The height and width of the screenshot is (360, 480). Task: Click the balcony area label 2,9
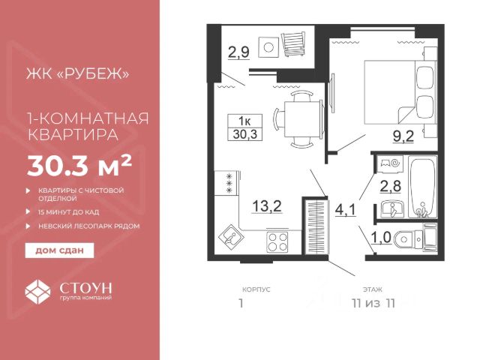tap(238, 52)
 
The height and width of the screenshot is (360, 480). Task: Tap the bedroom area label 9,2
tap(403, 136)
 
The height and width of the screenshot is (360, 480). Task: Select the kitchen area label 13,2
tap(267, 206)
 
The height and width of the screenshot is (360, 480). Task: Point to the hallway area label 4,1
tap(346, 210)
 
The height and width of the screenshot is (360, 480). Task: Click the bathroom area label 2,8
tap(391, 186)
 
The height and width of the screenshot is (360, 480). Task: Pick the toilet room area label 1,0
tap(381, 237)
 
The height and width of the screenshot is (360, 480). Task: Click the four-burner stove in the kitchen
tap(277, 241)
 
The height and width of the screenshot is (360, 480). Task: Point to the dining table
tap(302, 119)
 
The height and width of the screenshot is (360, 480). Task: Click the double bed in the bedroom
tap(400, 92)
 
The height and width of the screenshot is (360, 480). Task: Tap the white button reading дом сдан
tap(59, 250)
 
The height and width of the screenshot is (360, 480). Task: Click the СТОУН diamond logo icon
tap(37, 292)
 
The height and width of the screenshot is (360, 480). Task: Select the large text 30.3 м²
tap(79, 166)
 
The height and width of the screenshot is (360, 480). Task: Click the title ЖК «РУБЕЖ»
tap(78, 73)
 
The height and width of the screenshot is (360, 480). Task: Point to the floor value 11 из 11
tap(373, 303)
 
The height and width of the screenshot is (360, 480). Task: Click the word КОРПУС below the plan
tap(256, 289)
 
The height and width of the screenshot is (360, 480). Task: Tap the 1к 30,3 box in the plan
tap(245, 127)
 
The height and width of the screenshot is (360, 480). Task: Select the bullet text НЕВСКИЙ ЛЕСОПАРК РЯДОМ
tap(89, 226)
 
